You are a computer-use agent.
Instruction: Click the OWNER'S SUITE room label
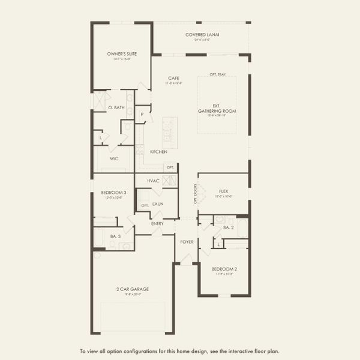[122, 54]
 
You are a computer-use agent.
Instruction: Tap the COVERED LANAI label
[202, 35]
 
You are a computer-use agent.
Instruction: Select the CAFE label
[173, 78]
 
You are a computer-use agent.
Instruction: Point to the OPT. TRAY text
[217, 74]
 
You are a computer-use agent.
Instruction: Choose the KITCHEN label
[158, 152]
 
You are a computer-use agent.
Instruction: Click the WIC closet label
[113, 158]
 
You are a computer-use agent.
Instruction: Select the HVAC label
[152, 181]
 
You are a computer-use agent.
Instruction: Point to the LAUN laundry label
[158, 204]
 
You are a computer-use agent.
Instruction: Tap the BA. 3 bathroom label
[115, 236]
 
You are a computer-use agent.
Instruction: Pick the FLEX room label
[224, 191]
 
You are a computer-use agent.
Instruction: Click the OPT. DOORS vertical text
[195, 194]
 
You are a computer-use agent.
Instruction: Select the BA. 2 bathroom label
[228, 227]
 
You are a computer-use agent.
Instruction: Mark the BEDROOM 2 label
[224, 269]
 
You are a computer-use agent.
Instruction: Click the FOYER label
[187, 242]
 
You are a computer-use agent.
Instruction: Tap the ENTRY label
[157, 224]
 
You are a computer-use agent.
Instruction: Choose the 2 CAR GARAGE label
[133, 289]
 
